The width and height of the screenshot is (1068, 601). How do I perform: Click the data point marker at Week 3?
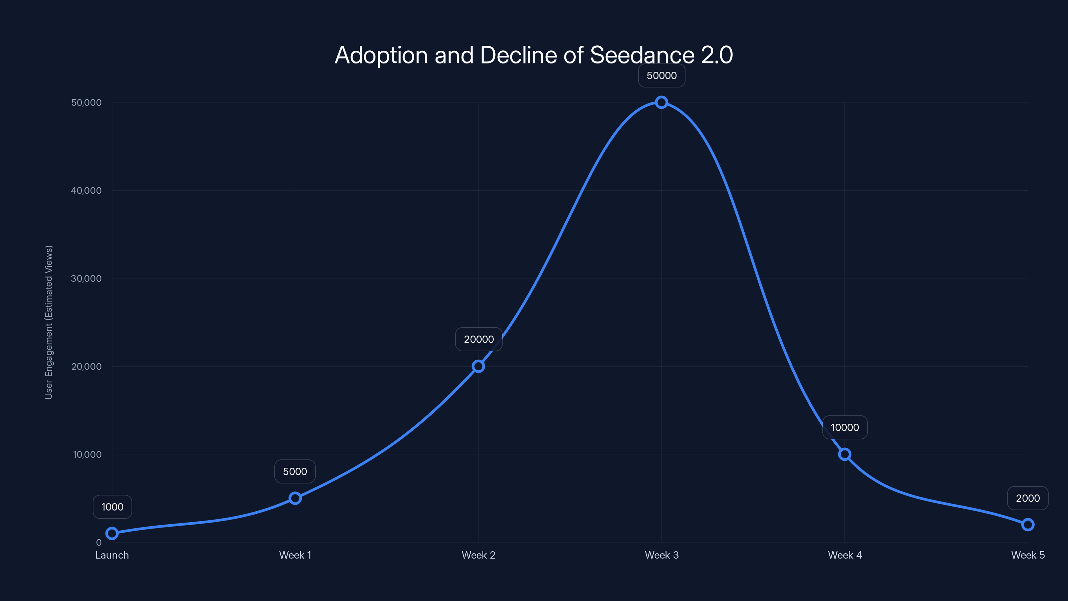click(661, 102)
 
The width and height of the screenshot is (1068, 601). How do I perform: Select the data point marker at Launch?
click(112, 534)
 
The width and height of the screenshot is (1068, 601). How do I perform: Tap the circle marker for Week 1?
click(295, 498)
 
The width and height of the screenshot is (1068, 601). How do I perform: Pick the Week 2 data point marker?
click(478, 366)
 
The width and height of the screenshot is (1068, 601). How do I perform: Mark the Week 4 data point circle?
click(844, 454)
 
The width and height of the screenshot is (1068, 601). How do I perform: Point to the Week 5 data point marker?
click(1027, 525)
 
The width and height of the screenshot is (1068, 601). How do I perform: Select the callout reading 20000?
click(479, 339)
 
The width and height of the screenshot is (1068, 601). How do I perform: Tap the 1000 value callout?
click(112, 507)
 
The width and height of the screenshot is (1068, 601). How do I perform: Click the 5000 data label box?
click(295, 471)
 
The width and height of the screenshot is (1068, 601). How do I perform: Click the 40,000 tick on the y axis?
click(86, 190)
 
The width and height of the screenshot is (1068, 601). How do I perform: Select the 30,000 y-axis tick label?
click(86, 278)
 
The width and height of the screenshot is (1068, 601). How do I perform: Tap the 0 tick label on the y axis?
click(99, 542)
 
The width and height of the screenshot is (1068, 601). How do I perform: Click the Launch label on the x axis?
click(112, 555)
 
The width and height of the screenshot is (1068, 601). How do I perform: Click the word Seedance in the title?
click(642, 55)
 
